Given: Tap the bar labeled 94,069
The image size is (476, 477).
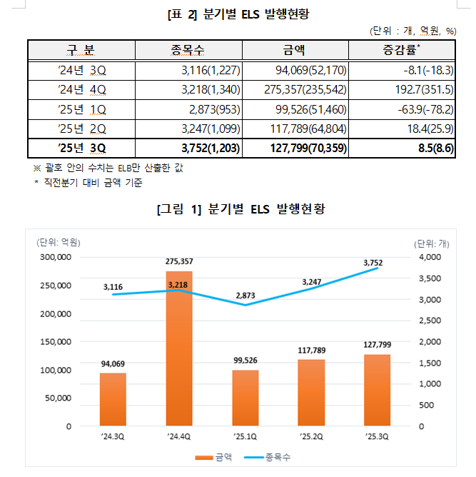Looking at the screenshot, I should pyautogui.click(x=113, y=399).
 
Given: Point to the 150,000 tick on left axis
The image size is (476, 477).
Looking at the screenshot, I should pyautogui.click(x=54, y=342).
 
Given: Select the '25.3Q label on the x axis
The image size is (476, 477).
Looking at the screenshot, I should pyautogui.click(x=377, y=436).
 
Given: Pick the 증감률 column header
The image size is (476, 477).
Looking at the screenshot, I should pyautogui.click(x=401, y=50).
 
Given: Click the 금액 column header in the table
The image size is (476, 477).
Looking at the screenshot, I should pyautogui.click(x=295, y=50).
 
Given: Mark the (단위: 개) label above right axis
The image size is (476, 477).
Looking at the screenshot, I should pyautogui.click(x=433, y=242).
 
